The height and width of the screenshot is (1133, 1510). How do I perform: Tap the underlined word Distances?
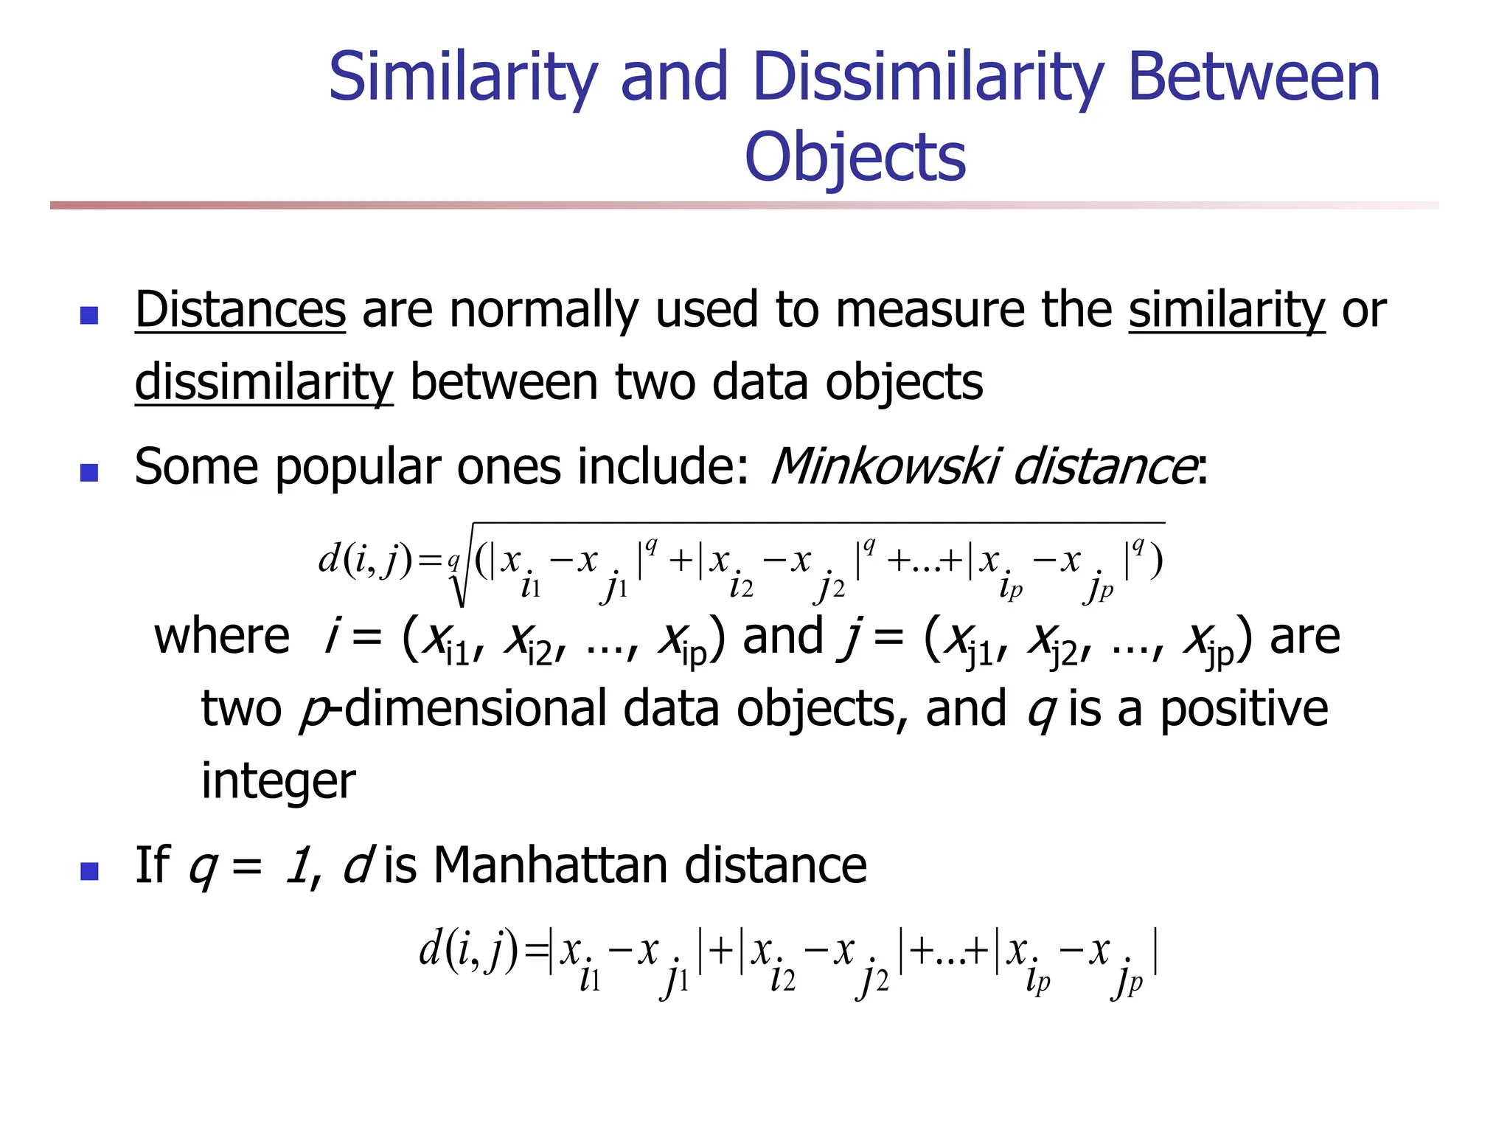click(x=240, y=310)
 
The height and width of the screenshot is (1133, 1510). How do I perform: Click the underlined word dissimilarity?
click(x=264, y=382)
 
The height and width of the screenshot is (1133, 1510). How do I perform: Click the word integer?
click(x=278, y=780)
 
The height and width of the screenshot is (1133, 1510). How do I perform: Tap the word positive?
click(x=1244, y=708)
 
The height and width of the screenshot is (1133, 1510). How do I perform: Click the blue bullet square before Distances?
click(x=89, y=315)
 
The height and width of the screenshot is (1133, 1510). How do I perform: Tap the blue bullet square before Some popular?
click(x=89, y=472)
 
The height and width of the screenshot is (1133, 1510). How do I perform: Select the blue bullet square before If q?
click(x=89, y=871)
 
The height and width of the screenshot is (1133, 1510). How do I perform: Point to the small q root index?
click(x=453, y=561)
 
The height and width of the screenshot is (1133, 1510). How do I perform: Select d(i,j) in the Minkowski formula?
click(x=364, y=559)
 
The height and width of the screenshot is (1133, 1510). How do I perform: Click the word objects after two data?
click(x=903, y=382)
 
